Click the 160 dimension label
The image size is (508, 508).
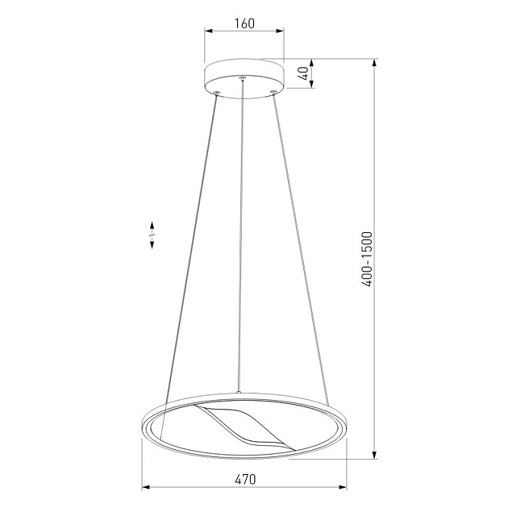click(x=244, y=23)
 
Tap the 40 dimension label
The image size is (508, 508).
click(x=303, y=73)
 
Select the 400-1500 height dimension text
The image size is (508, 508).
click(x=367, y=259)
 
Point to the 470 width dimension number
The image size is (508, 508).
click(x=245, y=479)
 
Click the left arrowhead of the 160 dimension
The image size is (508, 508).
click(x=208, y=31)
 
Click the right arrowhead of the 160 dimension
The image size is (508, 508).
click(x=280, y=31)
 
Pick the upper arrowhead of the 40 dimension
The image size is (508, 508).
click(x=311, y=63)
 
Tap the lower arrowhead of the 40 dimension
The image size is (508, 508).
click(x=311, y=84)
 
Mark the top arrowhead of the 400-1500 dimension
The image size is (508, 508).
click(x=374, y=63)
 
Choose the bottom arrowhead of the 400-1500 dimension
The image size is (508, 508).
click(x=374, y=455)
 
